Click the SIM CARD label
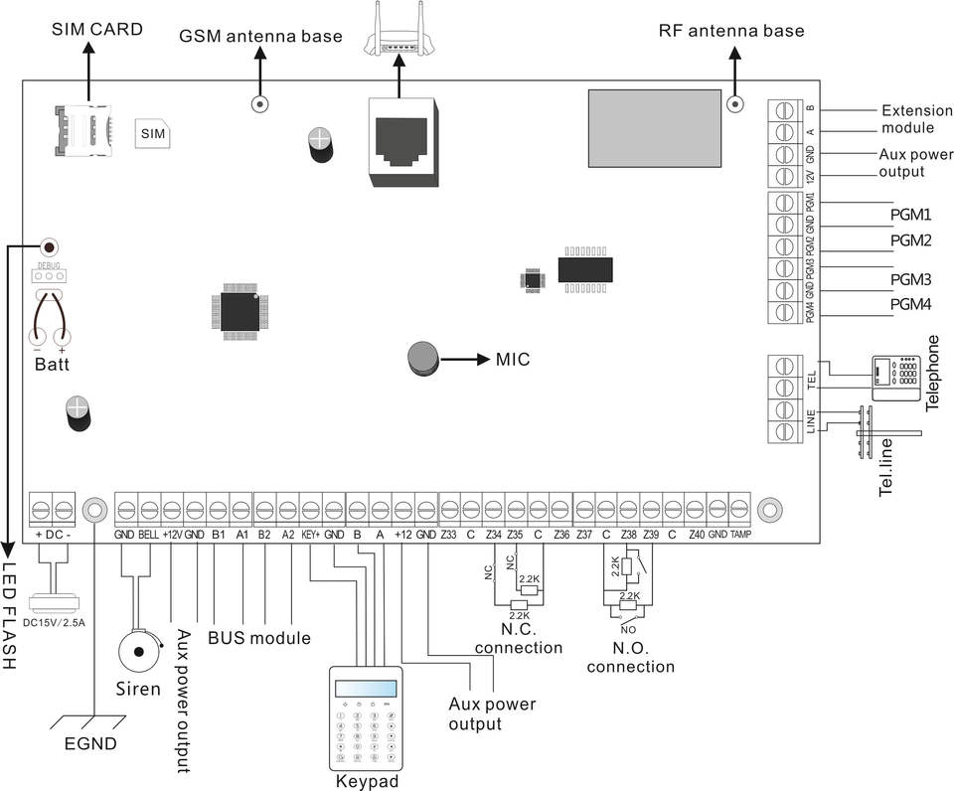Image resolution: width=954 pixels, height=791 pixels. point(97,30)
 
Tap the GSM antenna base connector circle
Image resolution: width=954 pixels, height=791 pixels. point(260,102)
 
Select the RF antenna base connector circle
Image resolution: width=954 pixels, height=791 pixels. point(736,102)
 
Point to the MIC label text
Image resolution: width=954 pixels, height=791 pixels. point(514,358)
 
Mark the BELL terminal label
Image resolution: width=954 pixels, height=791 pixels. point(149,534)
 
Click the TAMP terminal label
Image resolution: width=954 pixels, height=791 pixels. point(741,534)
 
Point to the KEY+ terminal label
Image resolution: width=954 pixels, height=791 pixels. point(311,534)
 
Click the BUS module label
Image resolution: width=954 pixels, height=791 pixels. point(259,637)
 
